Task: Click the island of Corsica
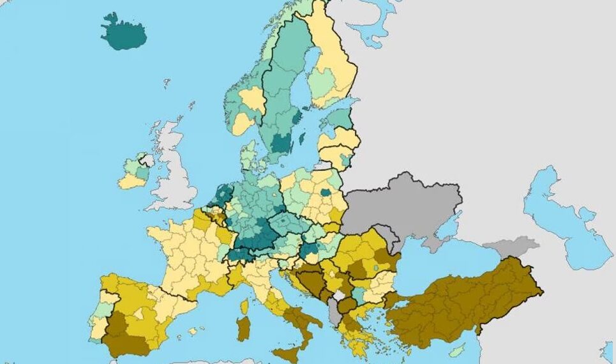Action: click(244, 307)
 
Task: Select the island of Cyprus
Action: click(456, 351)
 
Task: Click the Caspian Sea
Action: click(562, 217)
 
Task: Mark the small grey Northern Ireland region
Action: click(146, 160)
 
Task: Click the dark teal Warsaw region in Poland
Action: click(326, 192)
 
